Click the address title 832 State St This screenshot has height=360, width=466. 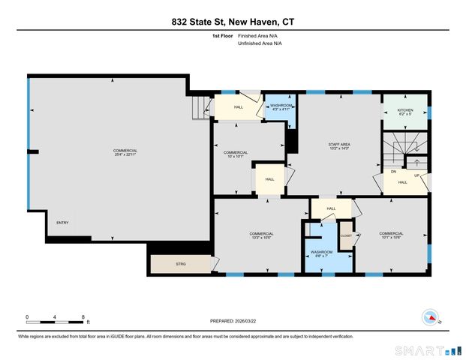pyautogui.click(x=232, y=22)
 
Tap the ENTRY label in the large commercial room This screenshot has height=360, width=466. pyautogui.click(x=62, y=222)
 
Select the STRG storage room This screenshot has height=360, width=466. pyautogui.click(x=180, y=265)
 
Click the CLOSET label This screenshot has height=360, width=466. pyautogui.click(x=346, y=235)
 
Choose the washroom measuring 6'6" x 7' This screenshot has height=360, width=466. pyautogui.click(x=322, y=253)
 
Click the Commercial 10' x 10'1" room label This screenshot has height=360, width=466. pyautogui.click(x=236, y=154)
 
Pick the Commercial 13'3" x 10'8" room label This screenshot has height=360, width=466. pyautogui.click(x=261, y=235)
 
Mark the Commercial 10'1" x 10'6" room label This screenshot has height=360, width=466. pyautogui.click(x=391, y=235)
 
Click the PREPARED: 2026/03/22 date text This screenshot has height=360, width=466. pyautogui.click(x=238, y=320)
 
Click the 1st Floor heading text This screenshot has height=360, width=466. pyautogui.click(x=222, y=36)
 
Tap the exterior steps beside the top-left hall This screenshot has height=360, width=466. pyautogui.click(x=200, y=109)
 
